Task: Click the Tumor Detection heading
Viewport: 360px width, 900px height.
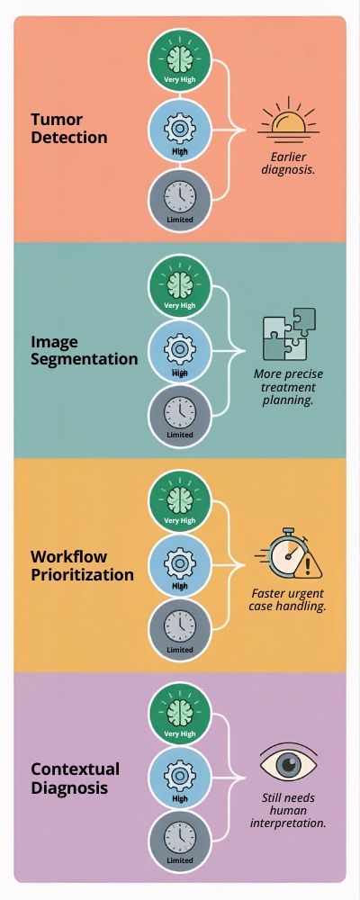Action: (69, 129)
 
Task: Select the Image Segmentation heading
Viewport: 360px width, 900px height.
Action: (85, 350)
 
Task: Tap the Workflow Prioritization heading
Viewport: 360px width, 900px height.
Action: (82, 565)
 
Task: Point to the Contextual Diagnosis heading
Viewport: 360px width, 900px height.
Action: (75, 778)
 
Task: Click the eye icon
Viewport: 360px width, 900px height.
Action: (289, 763)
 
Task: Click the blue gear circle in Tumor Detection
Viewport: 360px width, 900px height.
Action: (180, 130)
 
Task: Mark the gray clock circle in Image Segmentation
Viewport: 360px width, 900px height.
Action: (180, 416)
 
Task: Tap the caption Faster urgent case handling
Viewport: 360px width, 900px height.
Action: (288, 600)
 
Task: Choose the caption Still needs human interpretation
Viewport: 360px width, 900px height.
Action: (289, 811)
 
